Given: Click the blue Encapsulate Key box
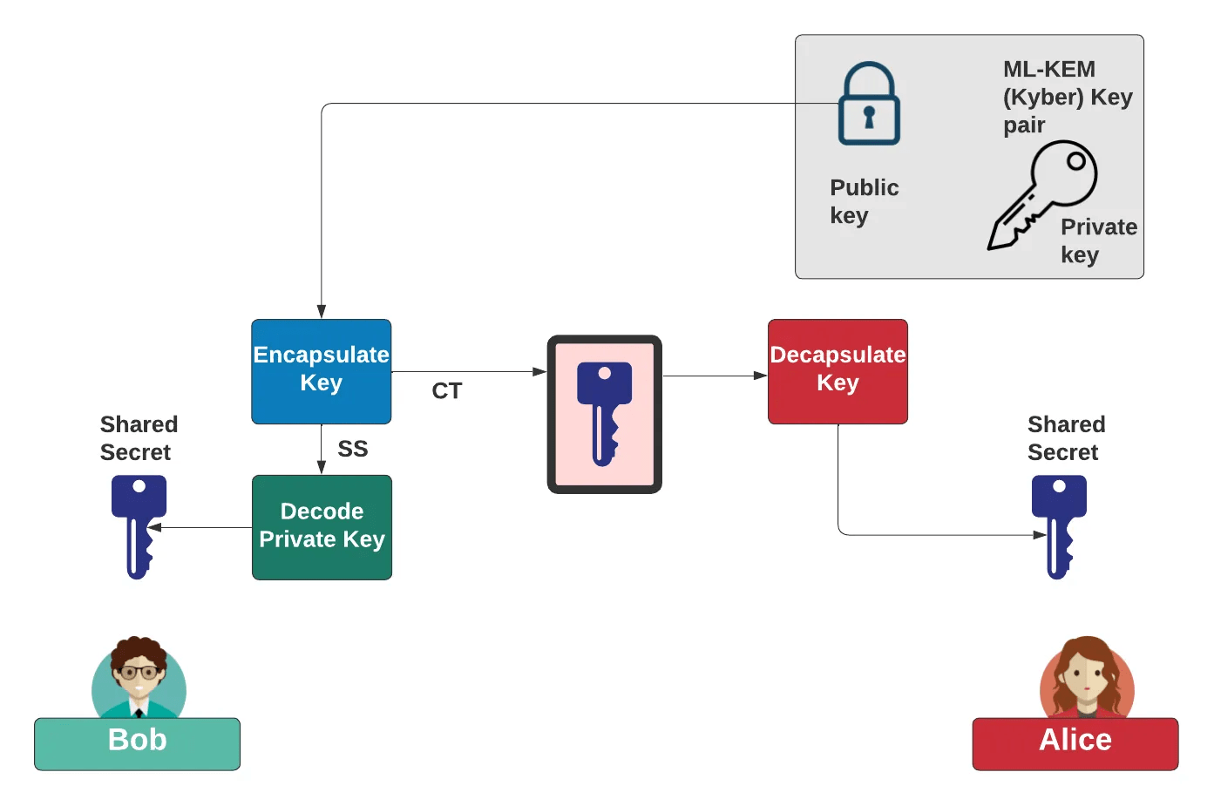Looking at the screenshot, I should coord(321,371).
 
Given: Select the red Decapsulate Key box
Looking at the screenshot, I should coord(838,371).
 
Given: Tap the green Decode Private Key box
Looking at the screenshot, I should coord(322,526).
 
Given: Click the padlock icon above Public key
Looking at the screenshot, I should coord(868,104).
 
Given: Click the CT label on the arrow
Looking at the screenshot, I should coord(447,391).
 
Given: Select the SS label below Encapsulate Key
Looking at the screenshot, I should coord(353,449).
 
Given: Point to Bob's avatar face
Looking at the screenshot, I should coord(139,674).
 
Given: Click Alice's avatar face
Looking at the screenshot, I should coord(1086,676).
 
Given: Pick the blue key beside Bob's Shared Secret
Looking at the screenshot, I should coord(139,525).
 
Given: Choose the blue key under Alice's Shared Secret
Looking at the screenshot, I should coord(1059,525).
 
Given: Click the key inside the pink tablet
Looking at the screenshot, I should coord(604,413).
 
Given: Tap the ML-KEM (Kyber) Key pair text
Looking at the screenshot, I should coord(1066,97).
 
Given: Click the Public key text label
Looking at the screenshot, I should coord(863,201).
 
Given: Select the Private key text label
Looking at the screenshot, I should coord(1097,240).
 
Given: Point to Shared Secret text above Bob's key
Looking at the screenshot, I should coord(139,438).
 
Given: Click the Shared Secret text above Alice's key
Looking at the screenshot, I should coord(1066,438).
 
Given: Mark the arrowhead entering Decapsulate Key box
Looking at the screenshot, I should coord(761,376).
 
